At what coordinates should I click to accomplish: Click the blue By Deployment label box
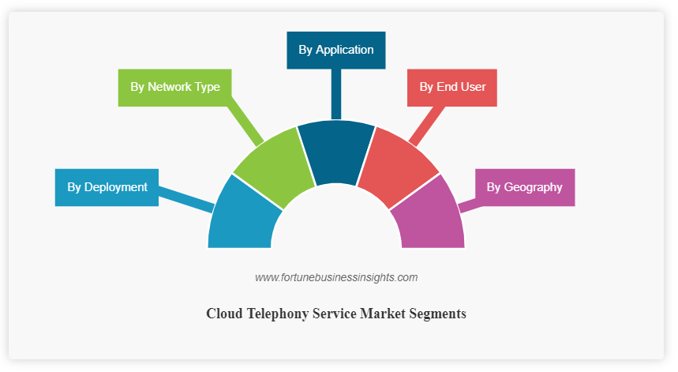tap(107, 187)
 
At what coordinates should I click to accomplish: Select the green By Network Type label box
tap(174, 87)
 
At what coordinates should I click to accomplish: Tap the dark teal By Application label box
tap(335, 50)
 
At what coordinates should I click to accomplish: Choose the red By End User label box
tap(451, 87)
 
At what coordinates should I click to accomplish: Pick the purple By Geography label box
tap(524, 187)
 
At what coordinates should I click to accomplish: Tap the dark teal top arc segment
tap(336, 150)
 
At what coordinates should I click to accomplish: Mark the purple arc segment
tap(432, 218)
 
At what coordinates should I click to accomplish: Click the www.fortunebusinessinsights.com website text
tap(336, 277)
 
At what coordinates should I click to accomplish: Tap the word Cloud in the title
tap(223, 314)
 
